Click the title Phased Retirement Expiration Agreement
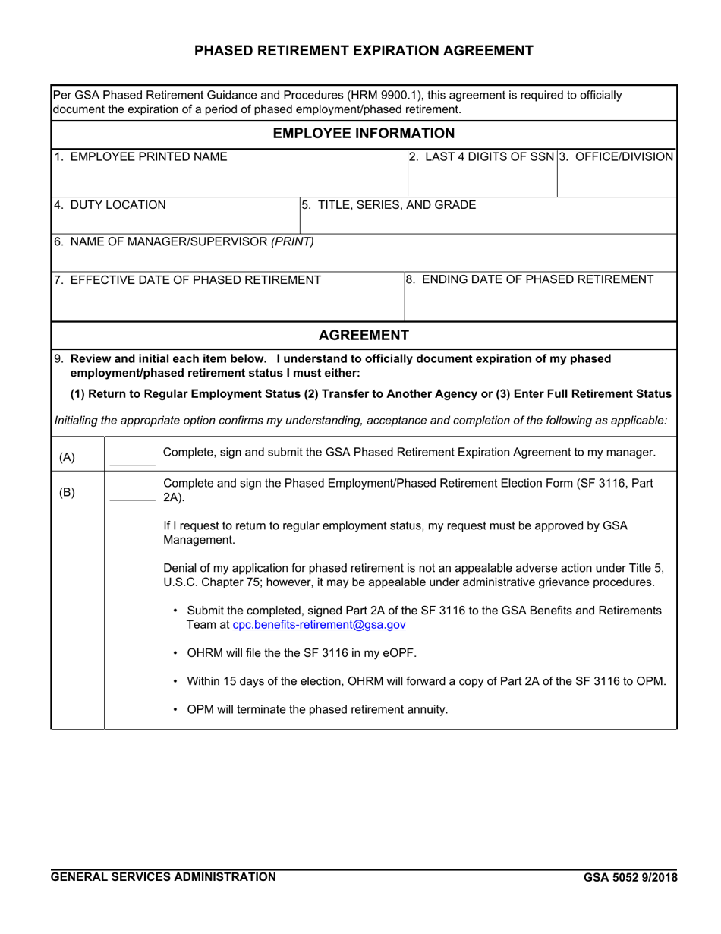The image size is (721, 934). click(364, 51)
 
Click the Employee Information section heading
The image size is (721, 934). click(364, 134)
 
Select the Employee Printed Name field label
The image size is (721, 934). click(140, 157)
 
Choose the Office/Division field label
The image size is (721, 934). click(616, 157)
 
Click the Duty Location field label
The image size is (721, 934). click(109, 205)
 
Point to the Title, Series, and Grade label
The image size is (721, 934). click(389, 205)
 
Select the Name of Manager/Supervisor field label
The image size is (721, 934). click(183, 242)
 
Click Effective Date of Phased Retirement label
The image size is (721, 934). click(187, 280)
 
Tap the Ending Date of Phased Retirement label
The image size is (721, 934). click(529, 279)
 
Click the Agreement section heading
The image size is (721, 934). click(364, 335)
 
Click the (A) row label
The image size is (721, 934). click(67, 457)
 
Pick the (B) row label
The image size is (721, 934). click(67, 492)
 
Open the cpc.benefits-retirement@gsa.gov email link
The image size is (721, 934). click(319, 625)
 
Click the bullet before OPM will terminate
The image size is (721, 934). click(177, 710)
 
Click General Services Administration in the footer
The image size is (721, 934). click(163, 877)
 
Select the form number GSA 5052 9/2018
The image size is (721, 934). click(630, 878)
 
